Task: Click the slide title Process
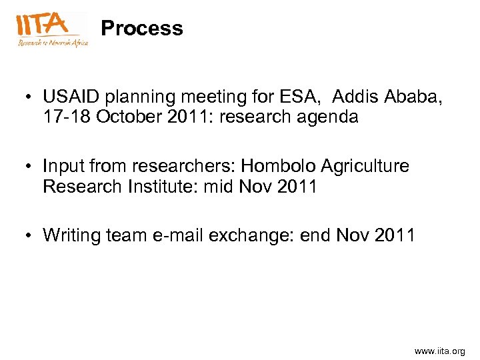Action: (x=141, y=29)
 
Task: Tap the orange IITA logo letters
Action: (x=42, y=24)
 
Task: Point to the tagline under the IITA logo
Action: (x=52, y=42)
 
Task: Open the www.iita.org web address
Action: (x=439, y=351)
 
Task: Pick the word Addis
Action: (x=355, y=97)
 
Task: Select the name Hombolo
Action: (x=277, y=166)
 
